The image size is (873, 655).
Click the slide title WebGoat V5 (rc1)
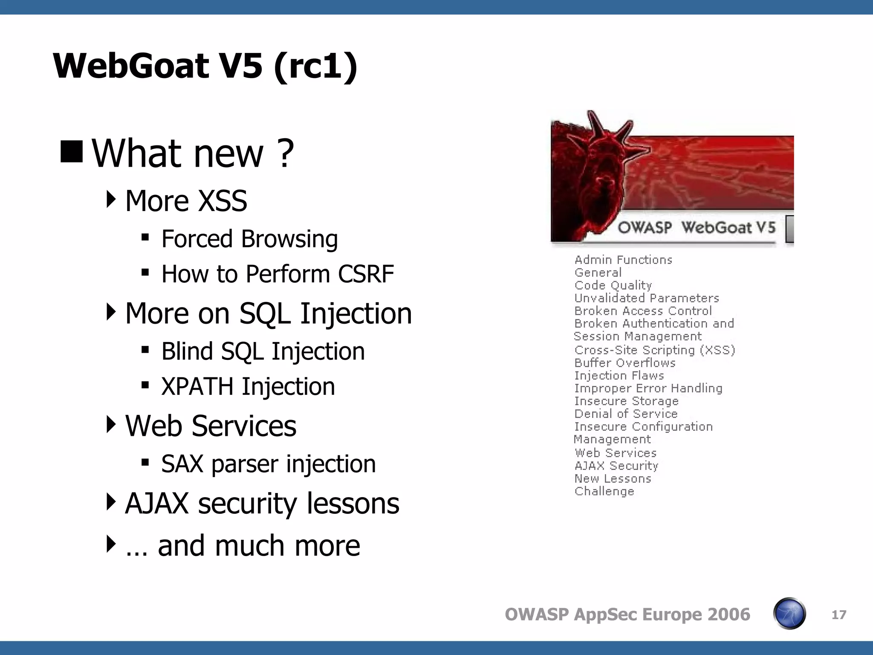(x=205, y=66)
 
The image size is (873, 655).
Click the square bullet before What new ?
(x=71, y=152)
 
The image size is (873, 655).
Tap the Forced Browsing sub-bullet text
(x=249, y=239)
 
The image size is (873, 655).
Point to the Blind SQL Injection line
(x=263, y=351)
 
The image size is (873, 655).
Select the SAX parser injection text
(x=268, y=464)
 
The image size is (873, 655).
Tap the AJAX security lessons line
(x=262, y=504)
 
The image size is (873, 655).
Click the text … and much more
(x=243, y=546)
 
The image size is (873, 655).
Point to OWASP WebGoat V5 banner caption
(x=696, y=227)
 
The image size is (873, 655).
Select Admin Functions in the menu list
(x=623, y=260)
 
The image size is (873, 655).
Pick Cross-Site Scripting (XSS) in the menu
(x=654, y=350)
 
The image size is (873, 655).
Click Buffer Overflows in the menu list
(x=624, y=363)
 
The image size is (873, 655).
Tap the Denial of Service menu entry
(x=625, y=414)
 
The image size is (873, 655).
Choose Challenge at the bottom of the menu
(x=604, y=491)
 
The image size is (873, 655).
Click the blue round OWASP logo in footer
(x=789, y=614)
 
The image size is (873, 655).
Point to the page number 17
(x=838, y=614)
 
